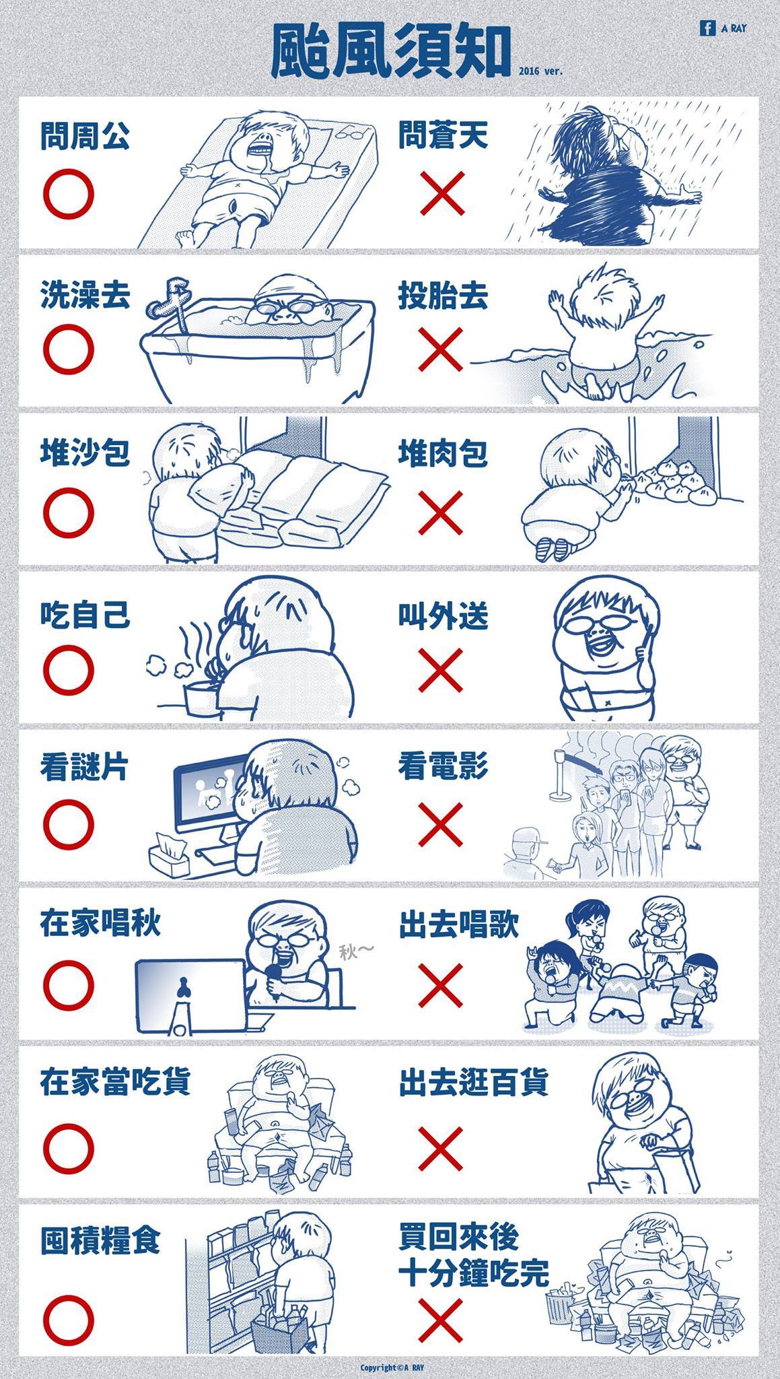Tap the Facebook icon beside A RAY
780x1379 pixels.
pyautogui.click(x=707, y=28)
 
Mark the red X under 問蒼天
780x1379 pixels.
pyautogui.click(x=441, y=193)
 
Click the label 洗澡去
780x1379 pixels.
pyautogui.click(x=85, y=297)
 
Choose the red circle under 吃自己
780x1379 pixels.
pyautogui.click(x=69, y=669)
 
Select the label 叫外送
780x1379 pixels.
pyautogui.click(x=443, y=616)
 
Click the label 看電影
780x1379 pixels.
pyautogui.click(x=443, y=767)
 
